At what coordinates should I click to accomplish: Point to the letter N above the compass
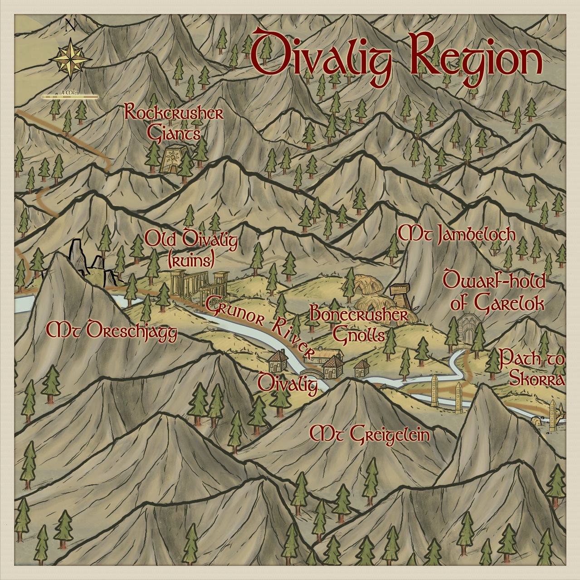pyautogui.click(x=70, y=25)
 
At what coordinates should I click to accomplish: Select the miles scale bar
pyautogui.click(x=70, y=97)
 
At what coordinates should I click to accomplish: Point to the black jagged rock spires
pyautogui.click(x=84, y=261)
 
